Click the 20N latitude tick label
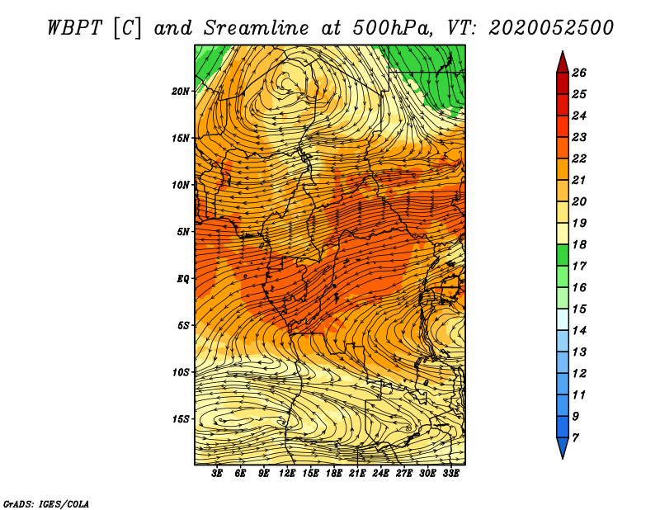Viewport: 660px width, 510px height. coord(181,92)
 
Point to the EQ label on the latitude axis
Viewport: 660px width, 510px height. coord(182,279)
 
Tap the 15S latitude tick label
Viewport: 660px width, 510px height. coord(181,419)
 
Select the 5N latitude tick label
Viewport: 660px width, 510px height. coord(183,232)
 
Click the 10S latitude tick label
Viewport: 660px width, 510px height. coord(181,372)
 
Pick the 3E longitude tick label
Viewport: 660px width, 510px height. coord(217,474)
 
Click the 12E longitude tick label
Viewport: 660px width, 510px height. coord(287,474)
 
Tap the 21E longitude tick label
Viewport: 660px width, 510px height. coord(357,474)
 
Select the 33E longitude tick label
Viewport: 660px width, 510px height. coord(450,474)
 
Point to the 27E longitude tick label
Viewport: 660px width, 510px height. coord(404,474)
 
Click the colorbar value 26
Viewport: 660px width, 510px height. coord(579,73)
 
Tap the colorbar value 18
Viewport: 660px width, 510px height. coord(579,244)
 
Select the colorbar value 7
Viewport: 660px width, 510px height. coord(575,438)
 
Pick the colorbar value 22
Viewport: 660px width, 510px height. coord(579,158)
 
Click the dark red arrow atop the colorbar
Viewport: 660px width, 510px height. coord(563,62)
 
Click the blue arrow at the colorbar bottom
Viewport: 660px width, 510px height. coord(563,448)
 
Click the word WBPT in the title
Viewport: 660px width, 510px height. coord(74,28)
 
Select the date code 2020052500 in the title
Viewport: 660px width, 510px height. coord(551,28)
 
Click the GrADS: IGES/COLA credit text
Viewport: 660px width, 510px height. coord(46,504)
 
